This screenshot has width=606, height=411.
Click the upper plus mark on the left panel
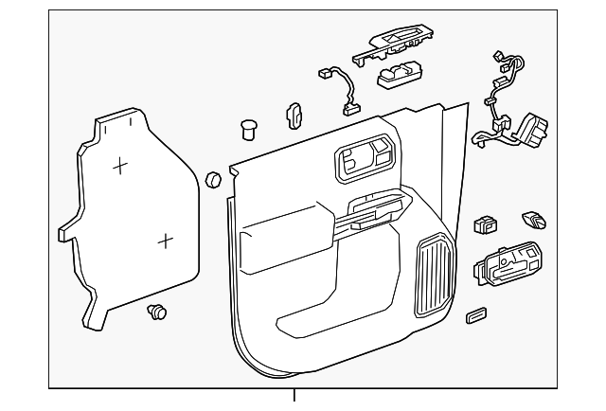point(120,167)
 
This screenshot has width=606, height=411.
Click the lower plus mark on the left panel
point(165,241)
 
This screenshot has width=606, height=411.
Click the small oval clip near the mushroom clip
point(293,116)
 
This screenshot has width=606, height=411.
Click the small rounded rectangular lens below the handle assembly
point(475,316)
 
